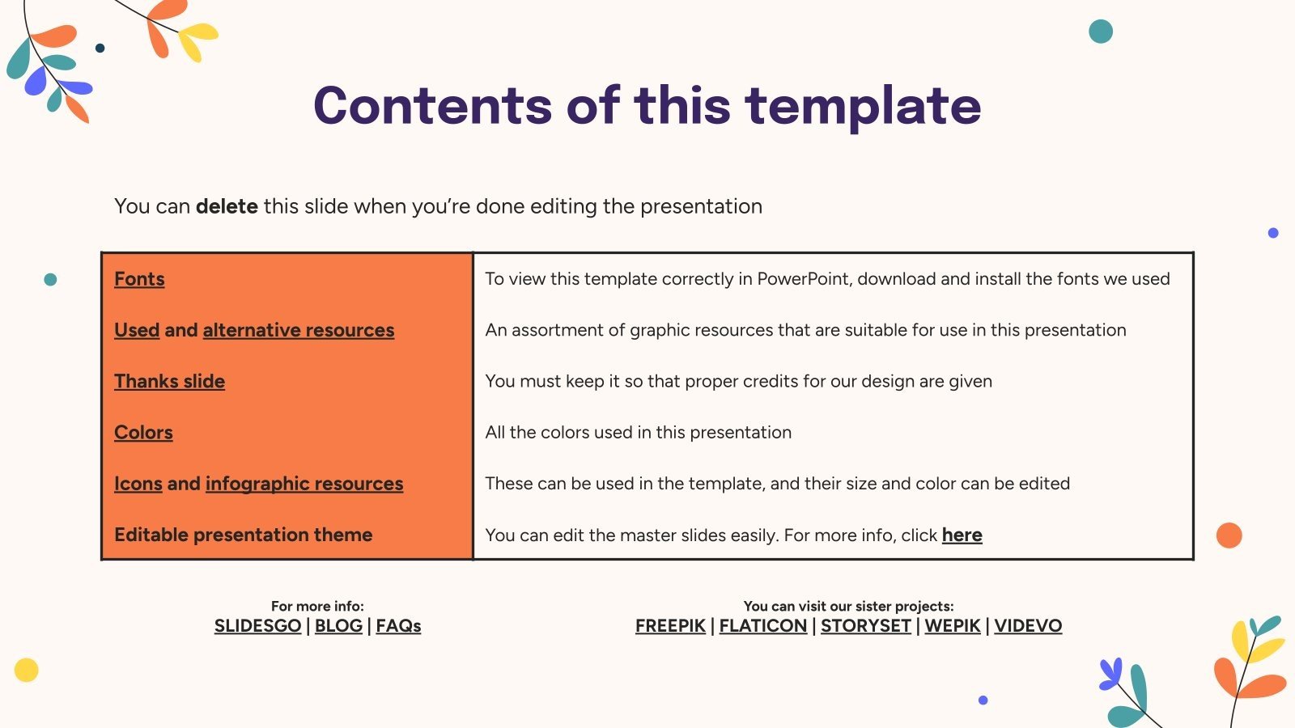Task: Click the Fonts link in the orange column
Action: [x=139, y=279]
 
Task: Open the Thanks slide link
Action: [x=169, y=381]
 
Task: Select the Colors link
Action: [x=143, y=433]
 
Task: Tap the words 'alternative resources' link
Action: [x=298, y=330]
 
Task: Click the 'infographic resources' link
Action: [x=304, y=484]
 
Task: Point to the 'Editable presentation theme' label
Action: [x=243, y=535]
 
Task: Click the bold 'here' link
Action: [x=962, y=535]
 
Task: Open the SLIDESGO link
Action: [x=257, y=626]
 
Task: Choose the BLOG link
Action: [x=338, y=626]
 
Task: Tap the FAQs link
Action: [x=398, y=626]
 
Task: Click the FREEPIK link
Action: [x=670, y=626]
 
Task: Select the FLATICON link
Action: [x=762, y=626]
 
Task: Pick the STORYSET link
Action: [x=865, y=626]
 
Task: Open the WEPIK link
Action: [x=952, y=626]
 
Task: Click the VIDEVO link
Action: [x=1028, y=626]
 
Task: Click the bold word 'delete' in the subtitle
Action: [x=227, y=206]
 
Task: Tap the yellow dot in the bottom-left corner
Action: [x=27, y=670]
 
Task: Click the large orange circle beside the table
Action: [x=1229, y=535]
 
